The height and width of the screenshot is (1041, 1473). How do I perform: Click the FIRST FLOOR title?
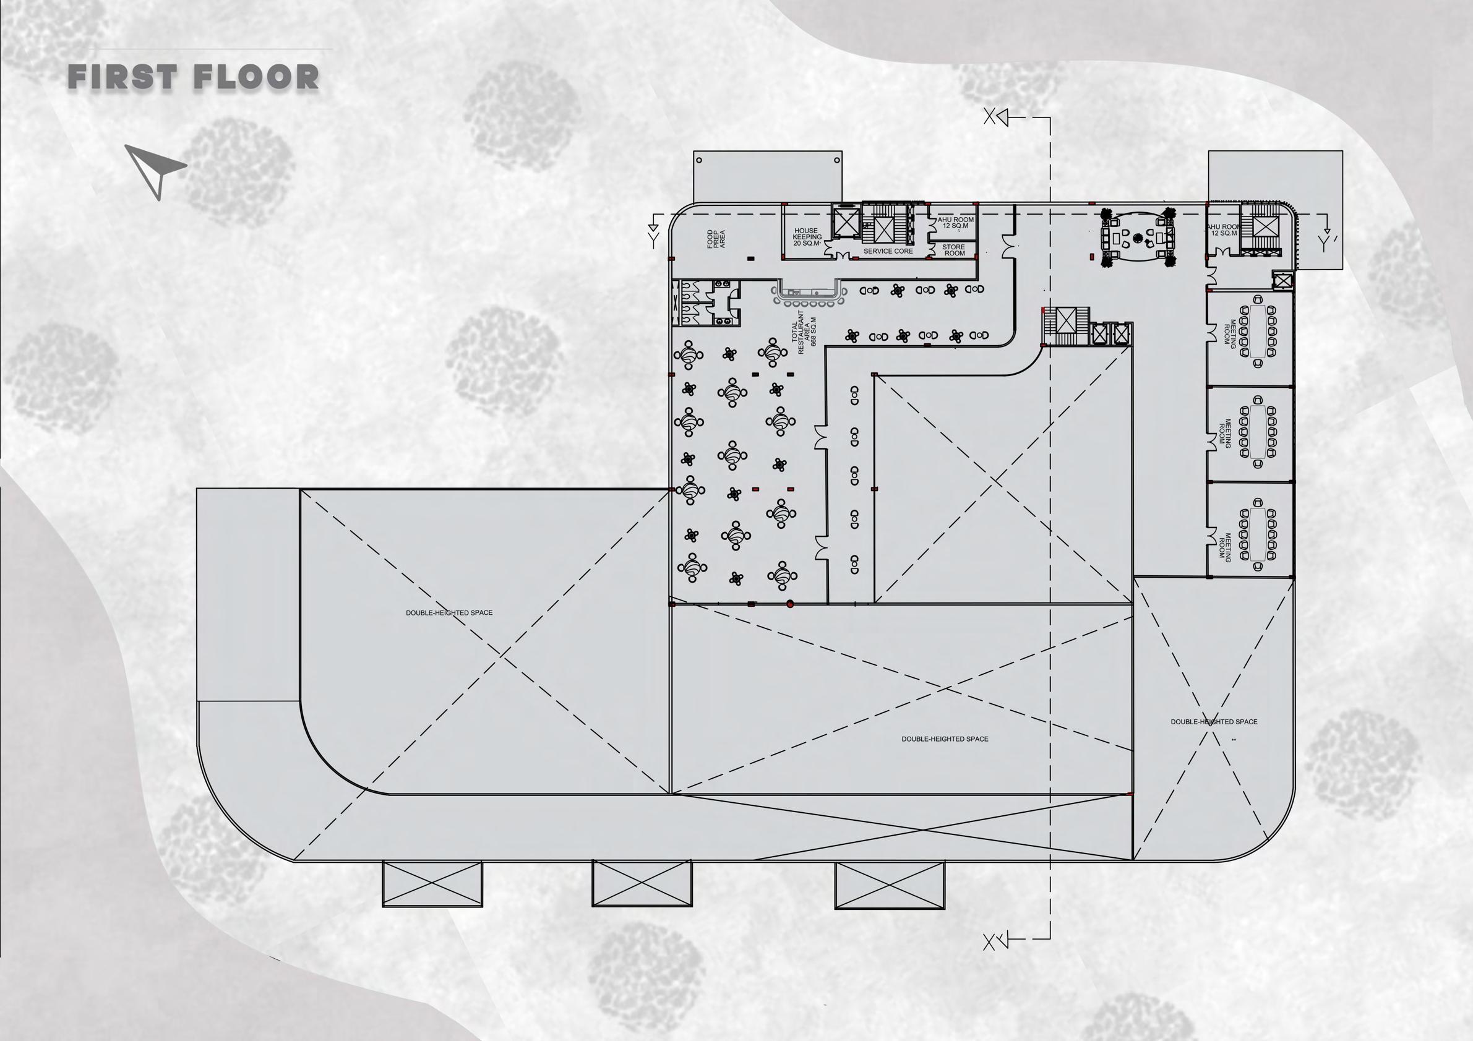point(193,77)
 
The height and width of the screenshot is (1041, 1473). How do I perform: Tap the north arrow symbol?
point(155,170)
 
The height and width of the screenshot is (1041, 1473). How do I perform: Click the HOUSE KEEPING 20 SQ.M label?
point(807,237)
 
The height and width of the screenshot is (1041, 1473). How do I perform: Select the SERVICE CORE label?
point(888,251)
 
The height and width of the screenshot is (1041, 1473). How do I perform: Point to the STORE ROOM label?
point(954,250)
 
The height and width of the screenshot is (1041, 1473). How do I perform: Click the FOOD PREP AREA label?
point(715,239)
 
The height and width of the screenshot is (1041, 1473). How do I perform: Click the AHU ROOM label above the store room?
point(955,223)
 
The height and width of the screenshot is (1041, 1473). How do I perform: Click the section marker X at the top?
point(990,118)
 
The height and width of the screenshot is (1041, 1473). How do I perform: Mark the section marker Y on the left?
point(653,240)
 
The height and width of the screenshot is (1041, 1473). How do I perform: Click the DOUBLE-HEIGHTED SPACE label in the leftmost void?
point(449,612)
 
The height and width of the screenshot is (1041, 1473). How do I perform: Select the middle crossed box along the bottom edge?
point(642,884)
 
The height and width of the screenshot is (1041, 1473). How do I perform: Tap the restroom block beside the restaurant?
point(706,302)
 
